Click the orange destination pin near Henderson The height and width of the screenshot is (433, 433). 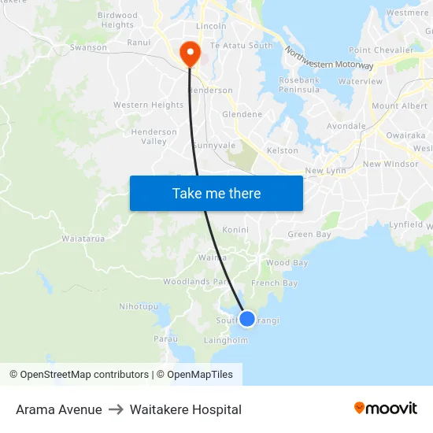click(190, 52)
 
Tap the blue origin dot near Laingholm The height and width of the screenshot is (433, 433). click(247, 318)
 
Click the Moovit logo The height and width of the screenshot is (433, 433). click(386, 409)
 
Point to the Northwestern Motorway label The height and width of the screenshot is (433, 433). click(329, 59)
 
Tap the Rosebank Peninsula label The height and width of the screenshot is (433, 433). click(299, 85)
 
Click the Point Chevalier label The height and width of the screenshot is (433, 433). click(381, 50)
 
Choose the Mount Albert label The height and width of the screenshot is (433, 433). click(399, 105)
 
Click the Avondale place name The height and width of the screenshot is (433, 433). click(346, 126)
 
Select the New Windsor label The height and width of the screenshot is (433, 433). click(390, 164)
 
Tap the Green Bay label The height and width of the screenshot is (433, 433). click(309, 235)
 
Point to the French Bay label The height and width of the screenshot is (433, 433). click(274, 283)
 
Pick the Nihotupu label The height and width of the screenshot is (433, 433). click(138, 306)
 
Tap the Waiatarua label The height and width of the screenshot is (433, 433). click(83, 238)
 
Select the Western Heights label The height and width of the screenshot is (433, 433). click(148, 105)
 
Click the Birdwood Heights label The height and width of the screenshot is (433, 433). click(118, 20)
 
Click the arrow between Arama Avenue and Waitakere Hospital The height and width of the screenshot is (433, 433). click(116, 409)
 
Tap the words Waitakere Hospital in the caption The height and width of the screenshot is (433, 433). click(186, 409)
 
